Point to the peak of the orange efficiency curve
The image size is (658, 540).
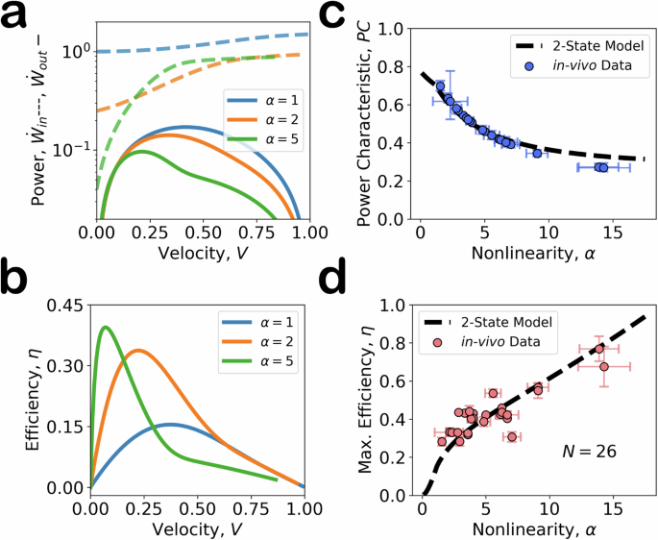click(x=138, y=351)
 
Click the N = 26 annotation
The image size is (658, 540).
click(x=590, y=450)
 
